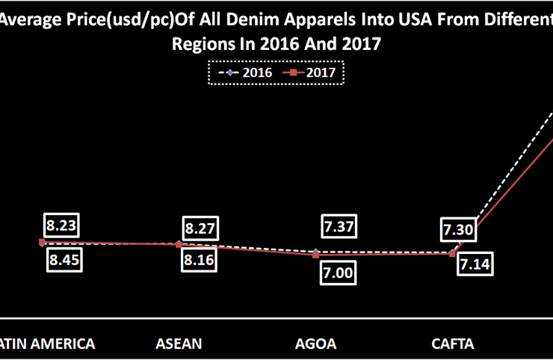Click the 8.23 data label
[63, 226]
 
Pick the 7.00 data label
[338, 273]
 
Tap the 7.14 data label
[476, 265]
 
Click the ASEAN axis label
[179, 344]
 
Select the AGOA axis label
[316, 344]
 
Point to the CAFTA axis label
[453, 344]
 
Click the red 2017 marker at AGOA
[316, 255]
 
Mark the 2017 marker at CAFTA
[453, 254]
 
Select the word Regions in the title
[201, 45]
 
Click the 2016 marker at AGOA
[316, 251]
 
